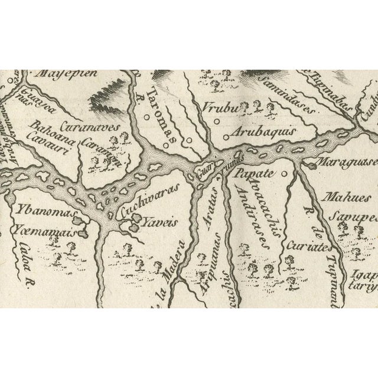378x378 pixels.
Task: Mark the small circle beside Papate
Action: click(283, 174)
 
